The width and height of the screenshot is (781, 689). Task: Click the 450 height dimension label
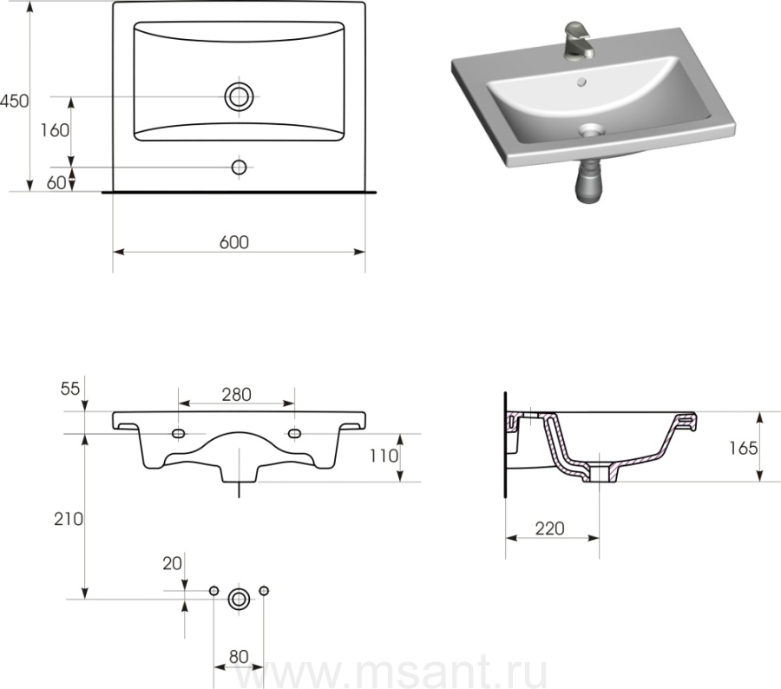tap(15, 101)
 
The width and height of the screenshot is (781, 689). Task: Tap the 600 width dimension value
tap(234, 242)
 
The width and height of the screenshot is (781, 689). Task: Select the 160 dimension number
tap(55, 130)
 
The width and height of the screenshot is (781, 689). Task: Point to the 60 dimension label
tap(56, 183)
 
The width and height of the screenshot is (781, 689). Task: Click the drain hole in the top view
tap(240, 96)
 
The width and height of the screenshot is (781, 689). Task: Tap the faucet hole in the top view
tap(240, 167)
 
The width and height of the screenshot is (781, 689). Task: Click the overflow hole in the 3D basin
tap(581, 82)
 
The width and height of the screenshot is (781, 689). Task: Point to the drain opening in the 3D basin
tap(592, 130)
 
